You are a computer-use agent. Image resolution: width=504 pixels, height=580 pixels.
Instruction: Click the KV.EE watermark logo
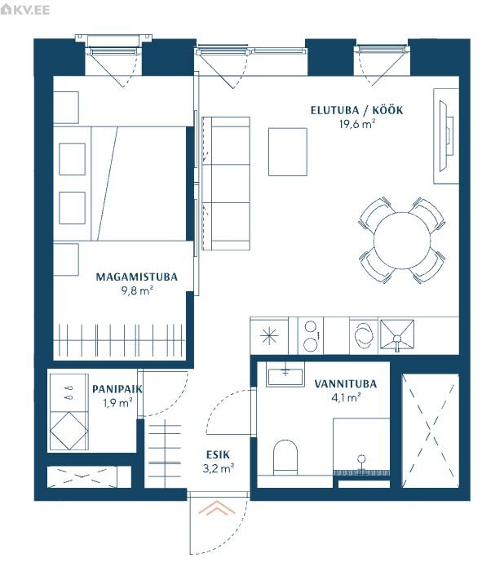point(24,9)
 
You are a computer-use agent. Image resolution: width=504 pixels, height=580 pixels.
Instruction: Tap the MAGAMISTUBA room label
point(136,277)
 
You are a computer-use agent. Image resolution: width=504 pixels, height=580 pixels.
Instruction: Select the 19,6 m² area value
point(357,124)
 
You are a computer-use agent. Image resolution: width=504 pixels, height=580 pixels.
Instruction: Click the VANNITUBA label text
point(345,384)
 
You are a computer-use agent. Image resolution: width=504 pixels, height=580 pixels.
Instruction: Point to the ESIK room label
point(218,454)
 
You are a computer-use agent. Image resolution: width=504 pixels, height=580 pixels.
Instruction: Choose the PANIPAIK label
point(117,389)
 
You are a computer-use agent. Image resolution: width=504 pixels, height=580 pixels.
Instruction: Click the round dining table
point(402,241)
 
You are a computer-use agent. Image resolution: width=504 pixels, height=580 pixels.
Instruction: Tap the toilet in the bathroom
point(285,457)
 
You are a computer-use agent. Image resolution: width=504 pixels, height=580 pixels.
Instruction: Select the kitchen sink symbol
point(397,335)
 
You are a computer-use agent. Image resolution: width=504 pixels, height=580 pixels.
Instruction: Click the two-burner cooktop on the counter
point(311,336)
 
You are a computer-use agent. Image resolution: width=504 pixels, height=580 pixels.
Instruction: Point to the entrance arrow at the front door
point(217,508)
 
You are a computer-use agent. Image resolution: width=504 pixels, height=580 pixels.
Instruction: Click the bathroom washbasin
point(285,374)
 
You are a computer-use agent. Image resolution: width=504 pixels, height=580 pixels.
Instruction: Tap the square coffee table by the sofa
point(288,152)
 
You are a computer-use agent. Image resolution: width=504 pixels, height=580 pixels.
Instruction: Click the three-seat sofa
point(226,184)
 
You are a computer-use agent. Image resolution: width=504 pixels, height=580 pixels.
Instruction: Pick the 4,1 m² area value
point(346,398)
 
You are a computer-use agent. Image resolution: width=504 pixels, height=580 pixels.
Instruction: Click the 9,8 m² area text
point(137,290)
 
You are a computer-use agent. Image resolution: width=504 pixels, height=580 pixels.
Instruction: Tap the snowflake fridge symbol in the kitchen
point(269,336)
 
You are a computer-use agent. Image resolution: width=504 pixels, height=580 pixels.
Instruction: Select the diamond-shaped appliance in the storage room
point(69,431)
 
